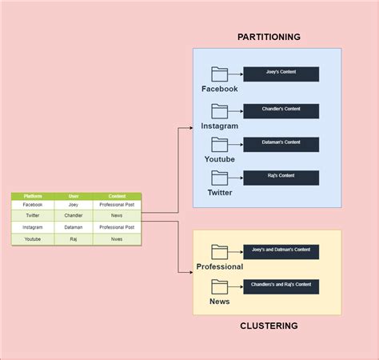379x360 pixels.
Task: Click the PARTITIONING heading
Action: pos(269,37)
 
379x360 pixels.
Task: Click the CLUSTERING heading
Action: pos(269,326)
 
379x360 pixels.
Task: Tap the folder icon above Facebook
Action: pos(219,74)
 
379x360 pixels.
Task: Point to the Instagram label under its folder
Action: pos(219,126)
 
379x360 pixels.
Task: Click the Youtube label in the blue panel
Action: pos(219,159)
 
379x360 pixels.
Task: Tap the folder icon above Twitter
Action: pos(219,178)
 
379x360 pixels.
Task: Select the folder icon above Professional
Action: pos(219,251)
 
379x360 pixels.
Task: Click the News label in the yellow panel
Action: pos(219,302)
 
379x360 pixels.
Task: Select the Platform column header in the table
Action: pos(33,196)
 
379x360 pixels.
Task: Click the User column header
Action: pos(73,196)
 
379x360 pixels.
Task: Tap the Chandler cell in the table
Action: pos(73,215)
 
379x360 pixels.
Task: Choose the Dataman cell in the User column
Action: pos(73,227)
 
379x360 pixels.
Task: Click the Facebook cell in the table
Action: pos(33,205)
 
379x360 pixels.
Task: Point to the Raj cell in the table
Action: pos(73,238)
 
